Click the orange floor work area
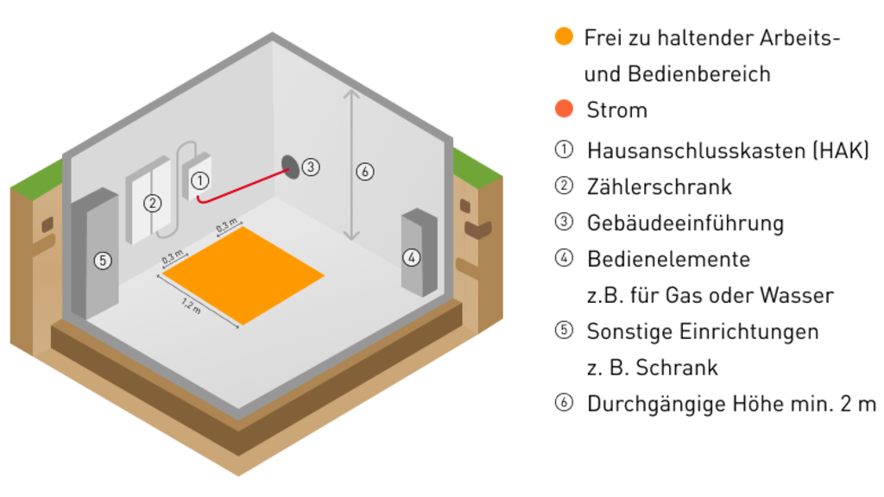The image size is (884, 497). click(x=244, y=274)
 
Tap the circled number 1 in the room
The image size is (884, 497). click(x=199, y=180)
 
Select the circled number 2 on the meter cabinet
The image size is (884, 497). click(x=152, y=204)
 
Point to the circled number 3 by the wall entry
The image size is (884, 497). click(x=311, y=167)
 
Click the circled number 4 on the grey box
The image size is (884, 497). click(x=412, y=256)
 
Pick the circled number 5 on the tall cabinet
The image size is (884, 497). click(x=103, y=260)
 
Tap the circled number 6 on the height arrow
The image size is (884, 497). click(x=364, y=172)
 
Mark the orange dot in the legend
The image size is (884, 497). click(x=564, y=36)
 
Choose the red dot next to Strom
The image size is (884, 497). click(x=564, y=110)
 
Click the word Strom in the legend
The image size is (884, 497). click(x=616, y=110)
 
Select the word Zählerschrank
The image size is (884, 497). click(x=659, y=186)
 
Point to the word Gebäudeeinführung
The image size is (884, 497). click(x=685, y=223)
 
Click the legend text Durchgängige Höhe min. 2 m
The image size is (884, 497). click(x=731, y=403)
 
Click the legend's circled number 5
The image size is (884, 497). click(x=564, y=330)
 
